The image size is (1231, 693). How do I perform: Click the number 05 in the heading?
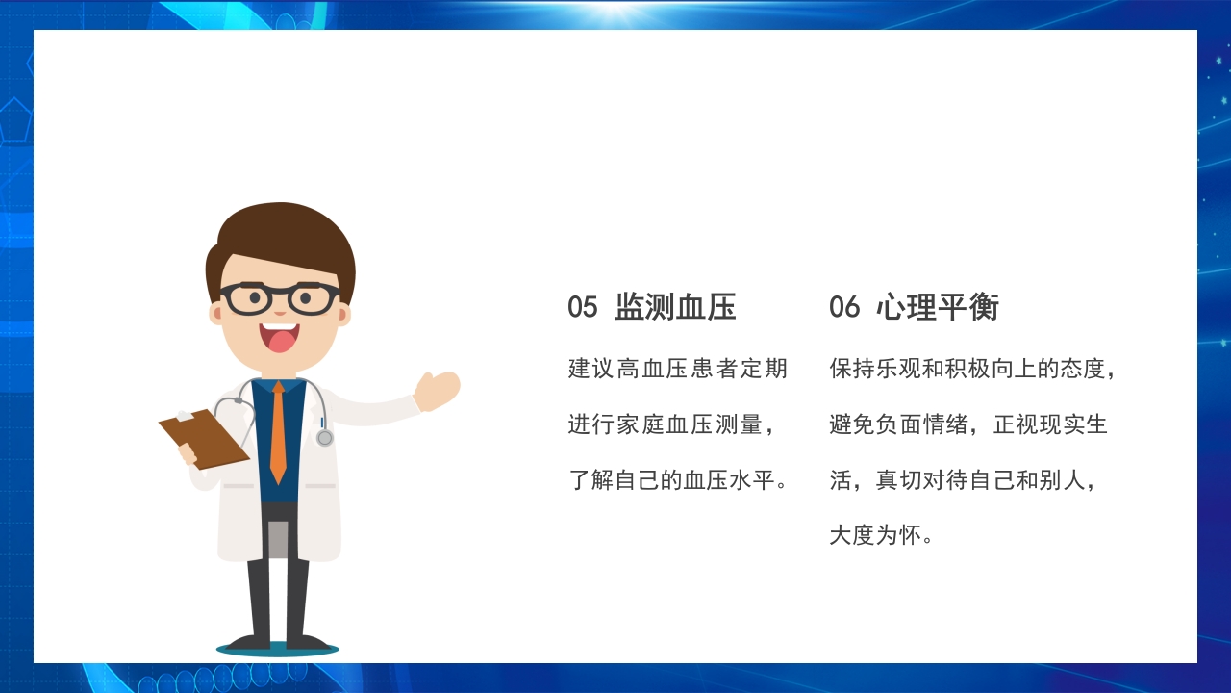pos(583,307)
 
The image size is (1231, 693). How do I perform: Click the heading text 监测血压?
pos(675,307)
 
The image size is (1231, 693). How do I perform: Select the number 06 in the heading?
pos(844,307)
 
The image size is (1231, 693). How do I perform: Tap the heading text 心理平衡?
pos(938,307)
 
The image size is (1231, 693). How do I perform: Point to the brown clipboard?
pos(204,439)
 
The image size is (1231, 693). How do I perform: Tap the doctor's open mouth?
pos(280,337)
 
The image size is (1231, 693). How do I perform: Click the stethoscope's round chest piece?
pos(325,438)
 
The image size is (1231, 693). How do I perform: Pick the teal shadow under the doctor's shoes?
pos(277,649)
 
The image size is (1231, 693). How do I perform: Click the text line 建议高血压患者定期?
pos(677,369)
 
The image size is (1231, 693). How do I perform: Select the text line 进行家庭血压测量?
pos(670,424)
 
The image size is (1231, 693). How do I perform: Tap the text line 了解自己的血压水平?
pos(677,479)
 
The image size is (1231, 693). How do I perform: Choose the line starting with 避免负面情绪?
pos(968,424)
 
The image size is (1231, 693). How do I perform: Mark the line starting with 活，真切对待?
pos(962,479)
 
